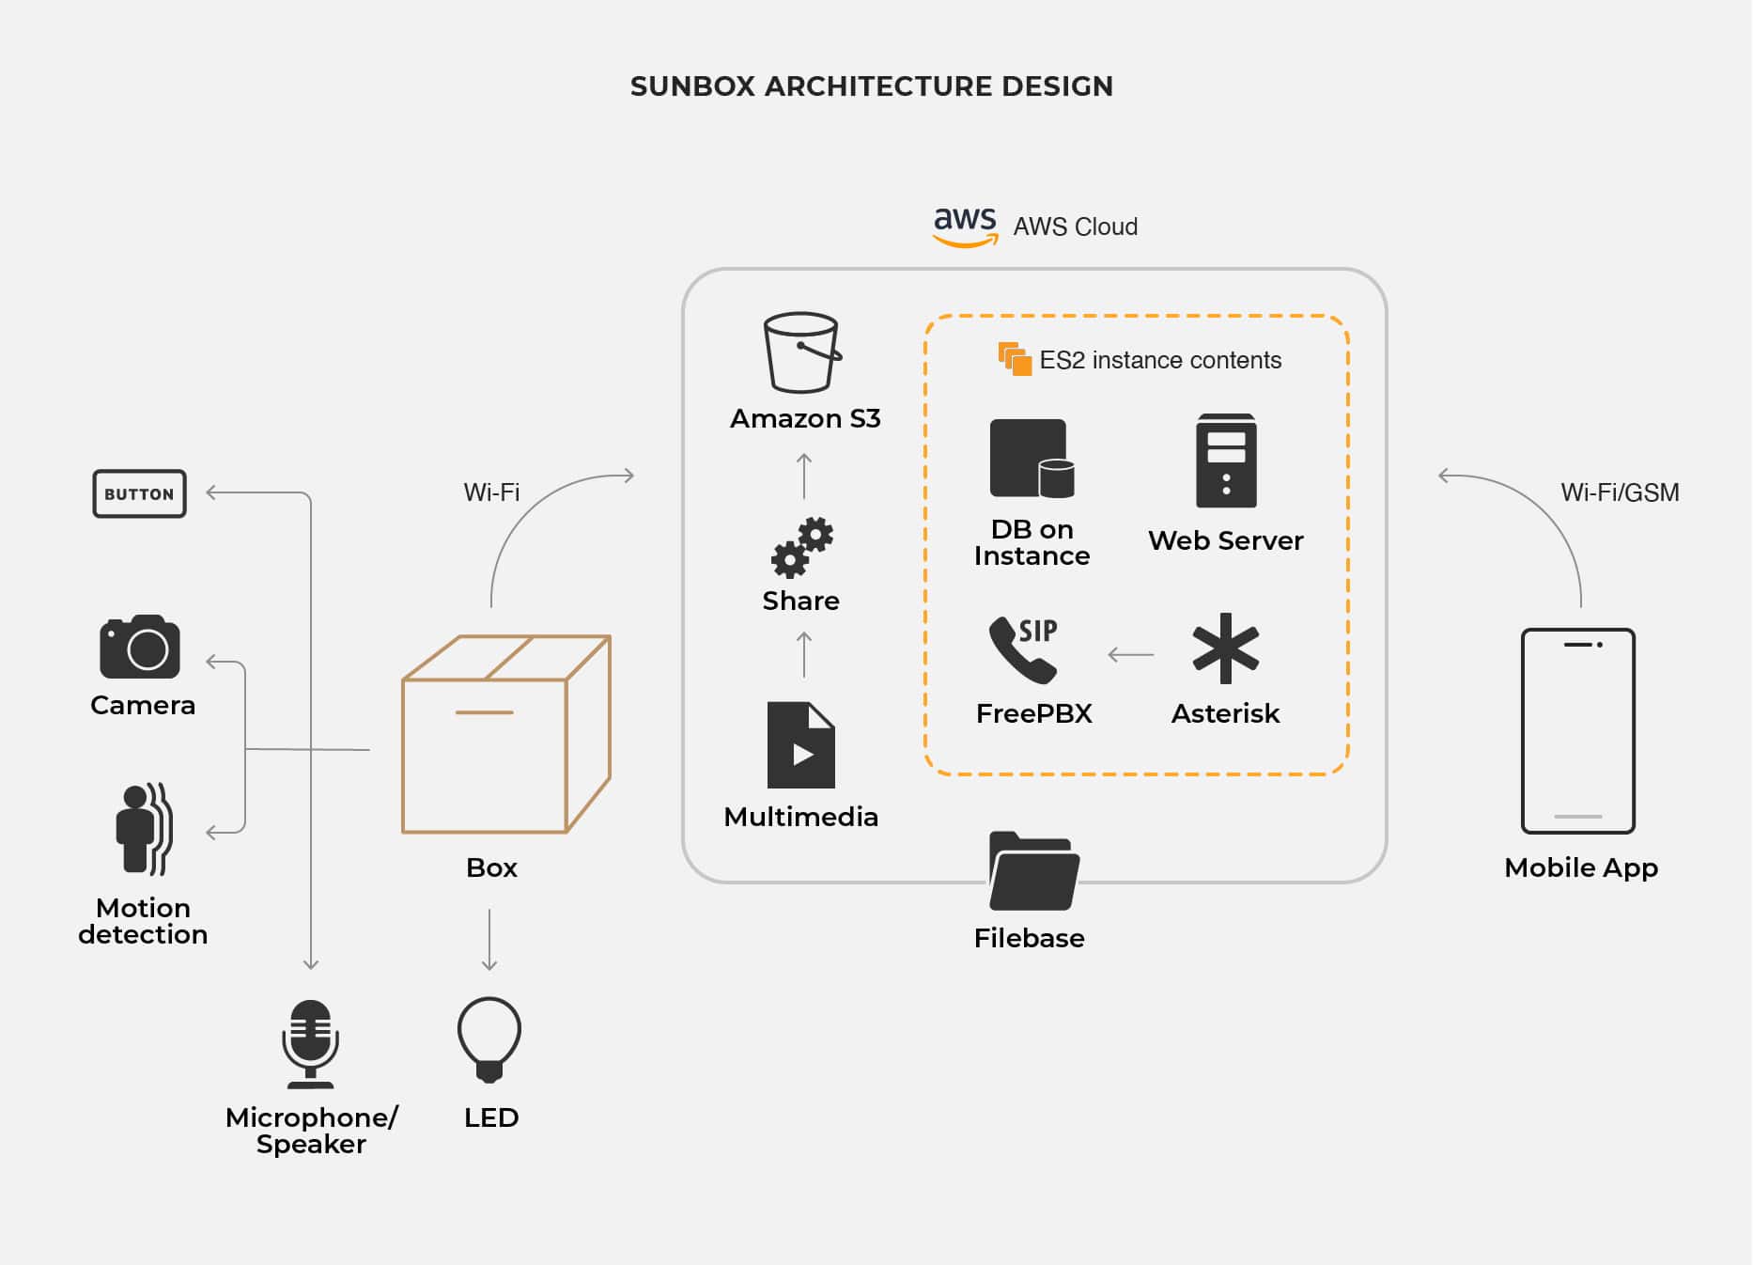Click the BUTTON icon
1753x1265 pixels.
139,493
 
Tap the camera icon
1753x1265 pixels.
140,647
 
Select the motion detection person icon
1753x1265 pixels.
144,829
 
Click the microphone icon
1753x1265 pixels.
310,1043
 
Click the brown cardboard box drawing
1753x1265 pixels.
506,734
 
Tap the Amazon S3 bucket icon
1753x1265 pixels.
802,352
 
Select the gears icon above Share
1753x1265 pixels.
802,547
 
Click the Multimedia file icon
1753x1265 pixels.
800,745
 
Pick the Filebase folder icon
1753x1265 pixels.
1033,871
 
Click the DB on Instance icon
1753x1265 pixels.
1032,459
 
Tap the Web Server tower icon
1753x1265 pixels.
1226,461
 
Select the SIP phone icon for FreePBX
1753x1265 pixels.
1024,648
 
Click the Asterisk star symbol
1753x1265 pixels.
1225,648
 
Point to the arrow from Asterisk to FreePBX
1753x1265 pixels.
1131,655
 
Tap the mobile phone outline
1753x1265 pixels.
1578,731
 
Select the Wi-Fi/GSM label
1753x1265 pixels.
1620,492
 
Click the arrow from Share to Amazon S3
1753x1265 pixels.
804,476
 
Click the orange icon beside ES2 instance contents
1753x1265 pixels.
1015,359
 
